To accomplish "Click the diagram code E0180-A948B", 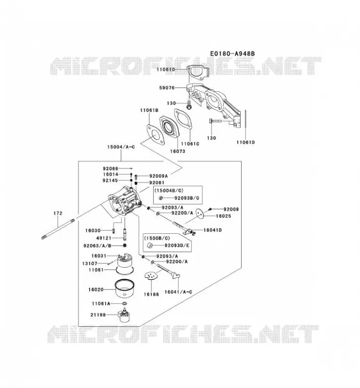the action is click(232, 54).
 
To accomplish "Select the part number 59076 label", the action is click(167, 88).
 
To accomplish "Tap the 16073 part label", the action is click(178, 151).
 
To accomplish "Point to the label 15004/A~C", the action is click(121, 147).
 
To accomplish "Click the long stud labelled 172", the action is click(58, 228).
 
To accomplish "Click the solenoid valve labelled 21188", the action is click(124, 315).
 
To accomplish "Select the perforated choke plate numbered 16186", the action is click(151, 276).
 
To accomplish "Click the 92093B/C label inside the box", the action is click(187, 198).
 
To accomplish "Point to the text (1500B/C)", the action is click(157, 238).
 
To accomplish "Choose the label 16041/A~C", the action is click(178, 292).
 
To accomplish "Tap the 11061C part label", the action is click(190, 144).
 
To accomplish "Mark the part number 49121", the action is click(104, 238).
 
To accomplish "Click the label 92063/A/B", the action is click(98, 246).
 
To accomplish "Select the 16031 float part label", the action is click(98, 256).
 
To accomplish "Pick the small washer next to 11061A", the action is click(125, 304).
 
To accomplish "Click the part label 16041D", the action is click(213, 230).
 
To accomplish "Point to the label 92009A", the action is click(159, 176).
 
